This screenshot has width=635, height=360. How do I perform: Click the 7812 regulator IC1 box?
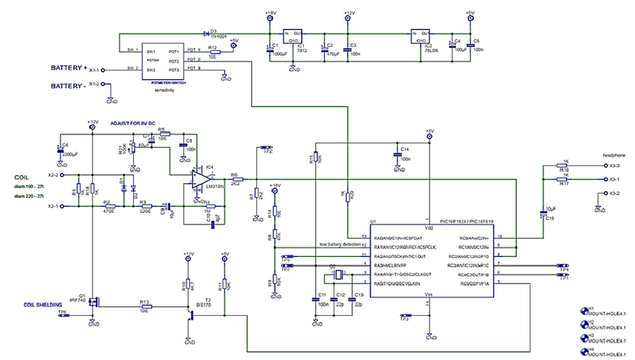coord(294,38)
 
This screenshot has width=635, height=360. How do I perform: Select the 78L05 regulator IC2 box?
coord(420,38)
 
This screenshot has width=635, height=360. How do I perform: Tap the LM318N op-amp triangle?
coord(199,179)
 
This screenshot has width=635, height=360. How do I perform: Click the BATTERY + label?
coord(69,68)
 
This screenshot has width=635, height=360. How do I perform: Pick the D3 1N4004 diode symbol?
coord(205,34)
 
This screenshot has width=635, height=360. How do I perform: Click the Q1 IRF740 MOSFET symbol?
coord(90,303)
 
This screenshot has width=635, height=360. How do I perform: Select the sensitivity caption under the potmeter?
coord(164,90)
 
